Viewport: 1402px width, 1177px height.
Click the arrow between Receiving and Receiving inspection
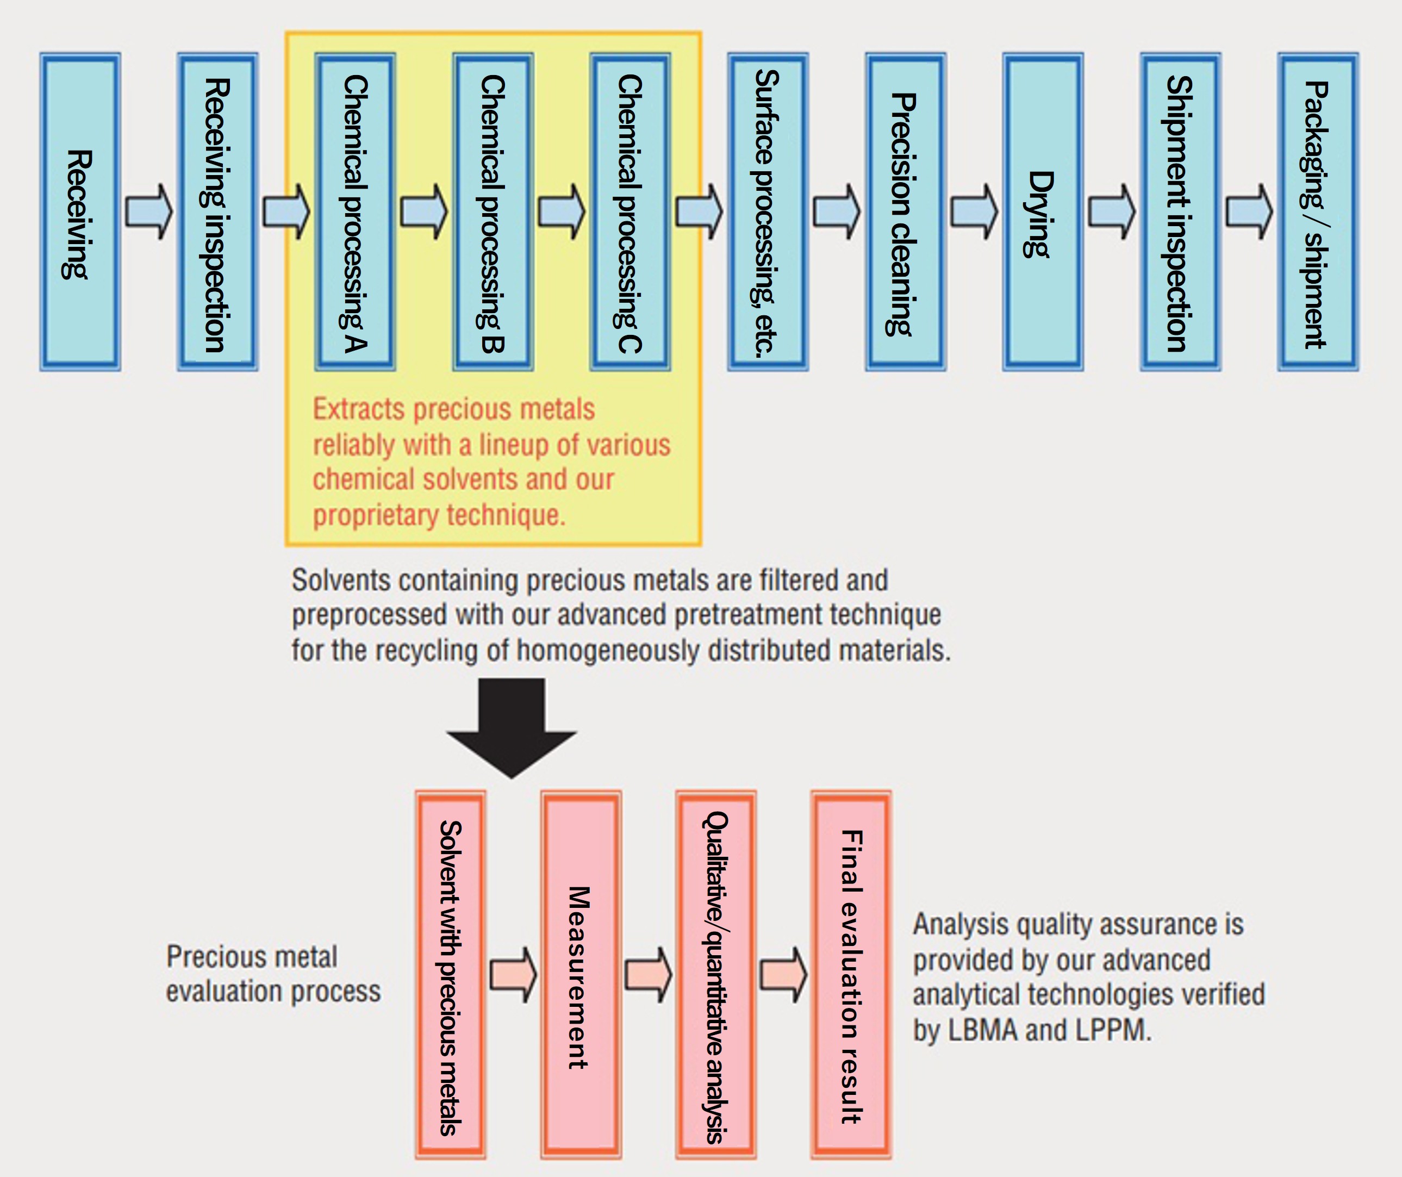click(149, 211)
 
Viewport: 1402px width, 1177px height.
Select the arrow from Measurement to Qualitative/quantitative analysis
click(648, 975)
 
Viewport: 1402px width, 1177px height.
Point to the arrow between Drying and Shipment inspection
click(1112, 211)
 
